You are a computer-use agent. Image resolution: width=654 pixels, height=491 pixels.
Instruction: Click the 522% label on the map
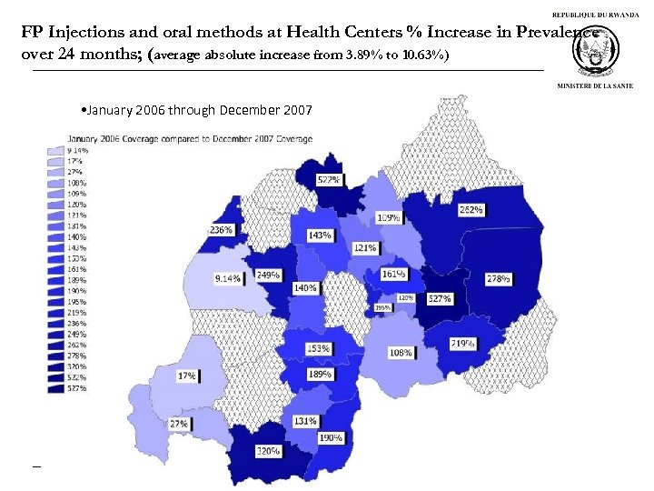click(329, 180)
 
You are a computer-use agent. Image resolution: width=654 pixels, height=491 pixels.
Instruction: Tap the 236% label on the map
click(222, 230)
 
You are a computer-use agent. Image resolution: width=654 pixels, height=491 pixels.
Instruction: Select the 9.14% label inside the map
click(228, 278)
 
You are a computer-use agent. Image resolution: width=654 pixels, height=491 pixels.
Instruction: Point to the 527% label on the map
click(440, 298)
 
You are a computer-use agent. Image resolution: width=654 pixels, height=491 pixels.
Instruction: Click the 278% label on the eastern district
click(497, 278)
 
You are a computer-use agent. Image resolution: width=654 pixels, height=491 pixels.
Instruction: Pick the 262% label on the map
click(471, 209)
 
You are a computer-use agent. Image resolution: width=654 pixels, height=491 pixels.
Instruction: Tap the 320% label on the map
click(267, 450)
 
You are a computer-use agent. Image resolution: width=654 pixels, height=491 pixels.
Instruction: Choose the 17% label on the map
click(186, 376)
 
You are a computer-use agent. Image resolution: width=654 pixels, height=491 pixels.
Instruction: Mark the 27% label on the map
click(179, 424)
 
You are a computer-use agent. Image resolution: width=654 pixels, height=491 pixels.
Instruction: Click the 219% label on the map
click(462, 344)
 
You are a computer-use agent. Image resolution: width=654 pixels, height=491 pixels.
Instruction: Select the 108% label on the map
click(401, 352)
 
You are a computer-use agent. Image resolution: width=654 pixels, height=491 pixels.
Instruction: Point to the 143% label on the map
click(319, 235)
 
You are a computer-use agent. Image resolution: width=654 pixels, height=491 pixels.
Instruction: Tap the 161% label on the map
click(393, 273)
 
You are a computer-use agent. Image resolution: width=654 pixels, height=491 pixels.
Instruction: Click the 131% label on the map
click(305, 421)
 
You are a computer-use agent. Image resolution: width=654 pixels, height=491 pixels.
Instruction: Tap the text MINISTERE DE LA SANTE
click(596, 85)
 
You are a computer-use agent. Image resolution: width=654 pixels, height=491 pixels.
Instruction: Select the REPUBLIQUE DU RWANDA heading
click(597, 15)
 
